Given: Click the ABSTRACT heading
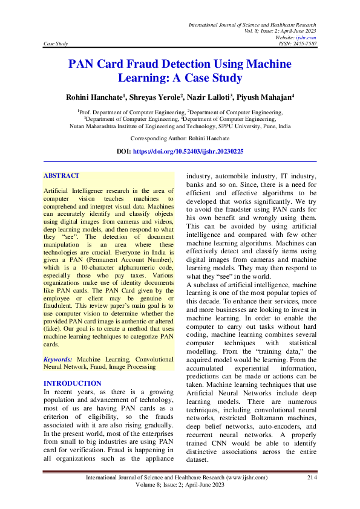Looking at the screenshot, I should [61, 176].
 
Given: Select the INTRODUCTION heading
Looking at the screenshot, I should [73, 383].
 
